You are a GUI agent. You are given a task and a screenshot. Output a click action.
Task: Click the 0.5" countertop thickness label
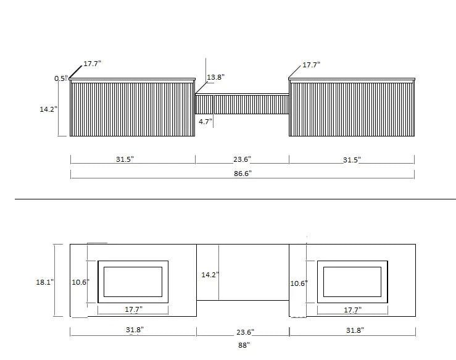click(61, 78)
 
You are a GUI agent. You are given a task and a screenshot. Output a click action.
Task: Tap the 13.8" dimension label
click(215, 77)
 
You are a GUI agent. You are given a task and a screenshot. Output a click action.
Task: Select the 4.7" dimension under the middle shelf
click(205, 122)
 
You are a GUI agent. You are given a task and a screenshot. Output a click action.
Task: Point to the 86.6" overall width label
click(243, 174)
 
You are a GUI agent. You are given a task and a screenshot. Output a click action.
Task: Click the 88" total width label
click(244, 345)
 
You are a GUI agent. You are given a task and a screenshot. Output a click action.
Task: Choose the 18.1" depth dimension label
click(45, 282)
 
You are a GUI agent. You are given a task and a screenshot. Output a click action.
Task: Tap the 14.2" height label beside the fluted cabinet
click(49, 109)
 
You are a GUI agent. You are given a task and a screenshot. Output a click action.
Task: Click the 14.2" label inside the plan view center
click(210, 275)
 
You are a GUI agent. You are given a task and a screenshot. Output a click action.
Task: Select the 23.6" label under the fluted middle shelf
click(242, 159)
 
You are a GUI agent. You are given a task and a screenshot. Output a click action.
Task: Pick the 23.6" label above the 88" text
click(245, 332)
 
